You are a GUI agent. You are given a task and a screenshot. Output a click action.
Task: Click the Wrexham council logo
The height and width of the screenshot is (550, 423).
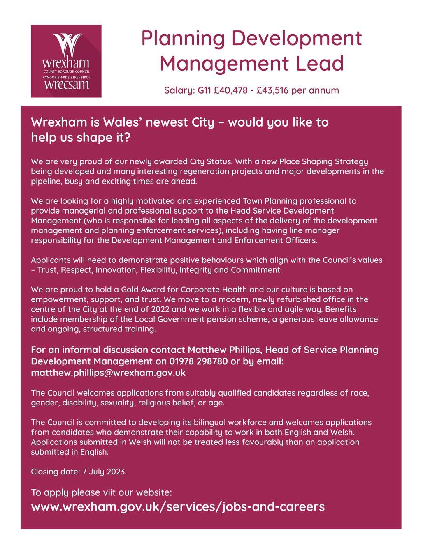point(66,61)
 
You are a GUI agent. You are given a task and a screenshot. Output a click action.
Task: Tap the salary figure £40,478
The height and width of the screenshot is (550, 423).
point(231,90)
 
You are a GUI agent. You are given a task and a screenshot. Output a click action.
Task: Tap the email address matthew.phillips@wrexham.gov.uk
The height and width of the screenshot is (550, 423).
point(108,373)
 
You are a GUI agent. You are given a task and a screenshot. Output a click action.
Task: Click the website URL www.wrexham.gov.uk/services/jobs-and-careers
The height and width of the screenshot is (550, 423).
point(178,506)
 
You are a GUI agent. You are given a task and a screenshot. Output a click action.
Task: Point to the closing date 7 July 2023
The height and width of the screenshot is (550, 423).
point(104,472)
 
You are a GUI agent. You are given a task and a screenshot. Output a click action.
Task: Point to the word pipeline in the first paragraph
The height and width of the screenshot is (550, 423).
point(44,181)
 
